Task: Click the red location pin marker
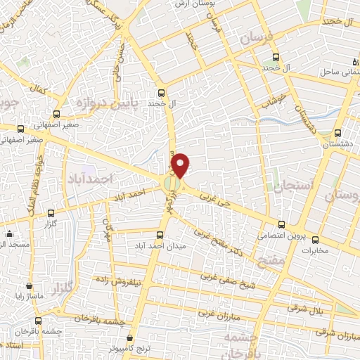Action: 181,165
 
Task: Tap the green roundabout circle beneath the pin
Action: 172,184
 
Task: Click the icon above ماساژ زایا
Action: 29,286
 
